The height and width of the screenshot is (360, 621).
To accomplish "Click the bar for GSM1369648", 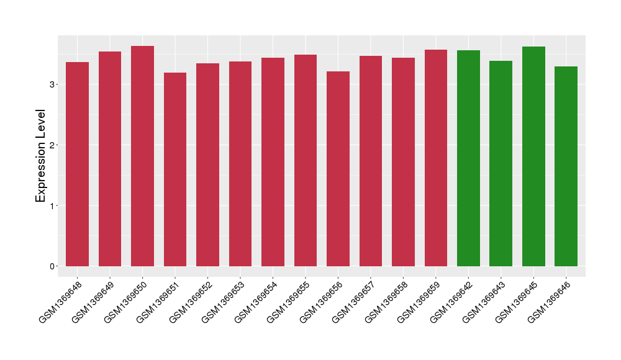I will (77, 164).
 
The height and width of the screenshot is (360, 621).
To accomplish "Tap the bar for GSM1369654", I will (273, 162).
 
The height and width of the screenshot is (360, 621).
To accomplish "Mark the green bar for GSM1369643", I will (501, 164).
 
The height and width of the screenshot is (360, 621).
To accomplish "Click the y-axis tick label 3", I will (53, 84).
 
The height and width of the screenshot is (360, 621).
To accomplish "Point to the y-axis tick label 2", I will (53, 145).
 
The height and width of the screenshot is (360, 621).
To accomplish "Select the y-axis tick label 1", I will (53, 205).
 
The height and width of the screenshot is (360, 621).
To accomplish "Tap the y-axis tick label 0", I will (53, 266).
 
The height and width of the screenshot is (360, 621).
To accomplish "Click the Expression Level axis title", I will (41, 156).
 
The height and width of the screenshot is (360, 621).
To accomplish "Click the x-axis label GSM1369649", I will (92, 302).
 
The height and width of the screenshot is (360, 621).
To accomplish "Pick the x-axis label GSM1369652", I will (189, 302).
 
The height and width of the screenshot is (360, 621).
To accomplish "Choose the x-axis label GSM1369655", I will (288, 302).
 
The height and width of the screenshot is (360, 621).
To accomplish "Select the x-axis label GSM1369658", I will (385, 302).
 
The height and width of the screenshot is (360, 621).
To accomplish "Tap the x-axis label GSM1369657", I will (353, 302).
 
